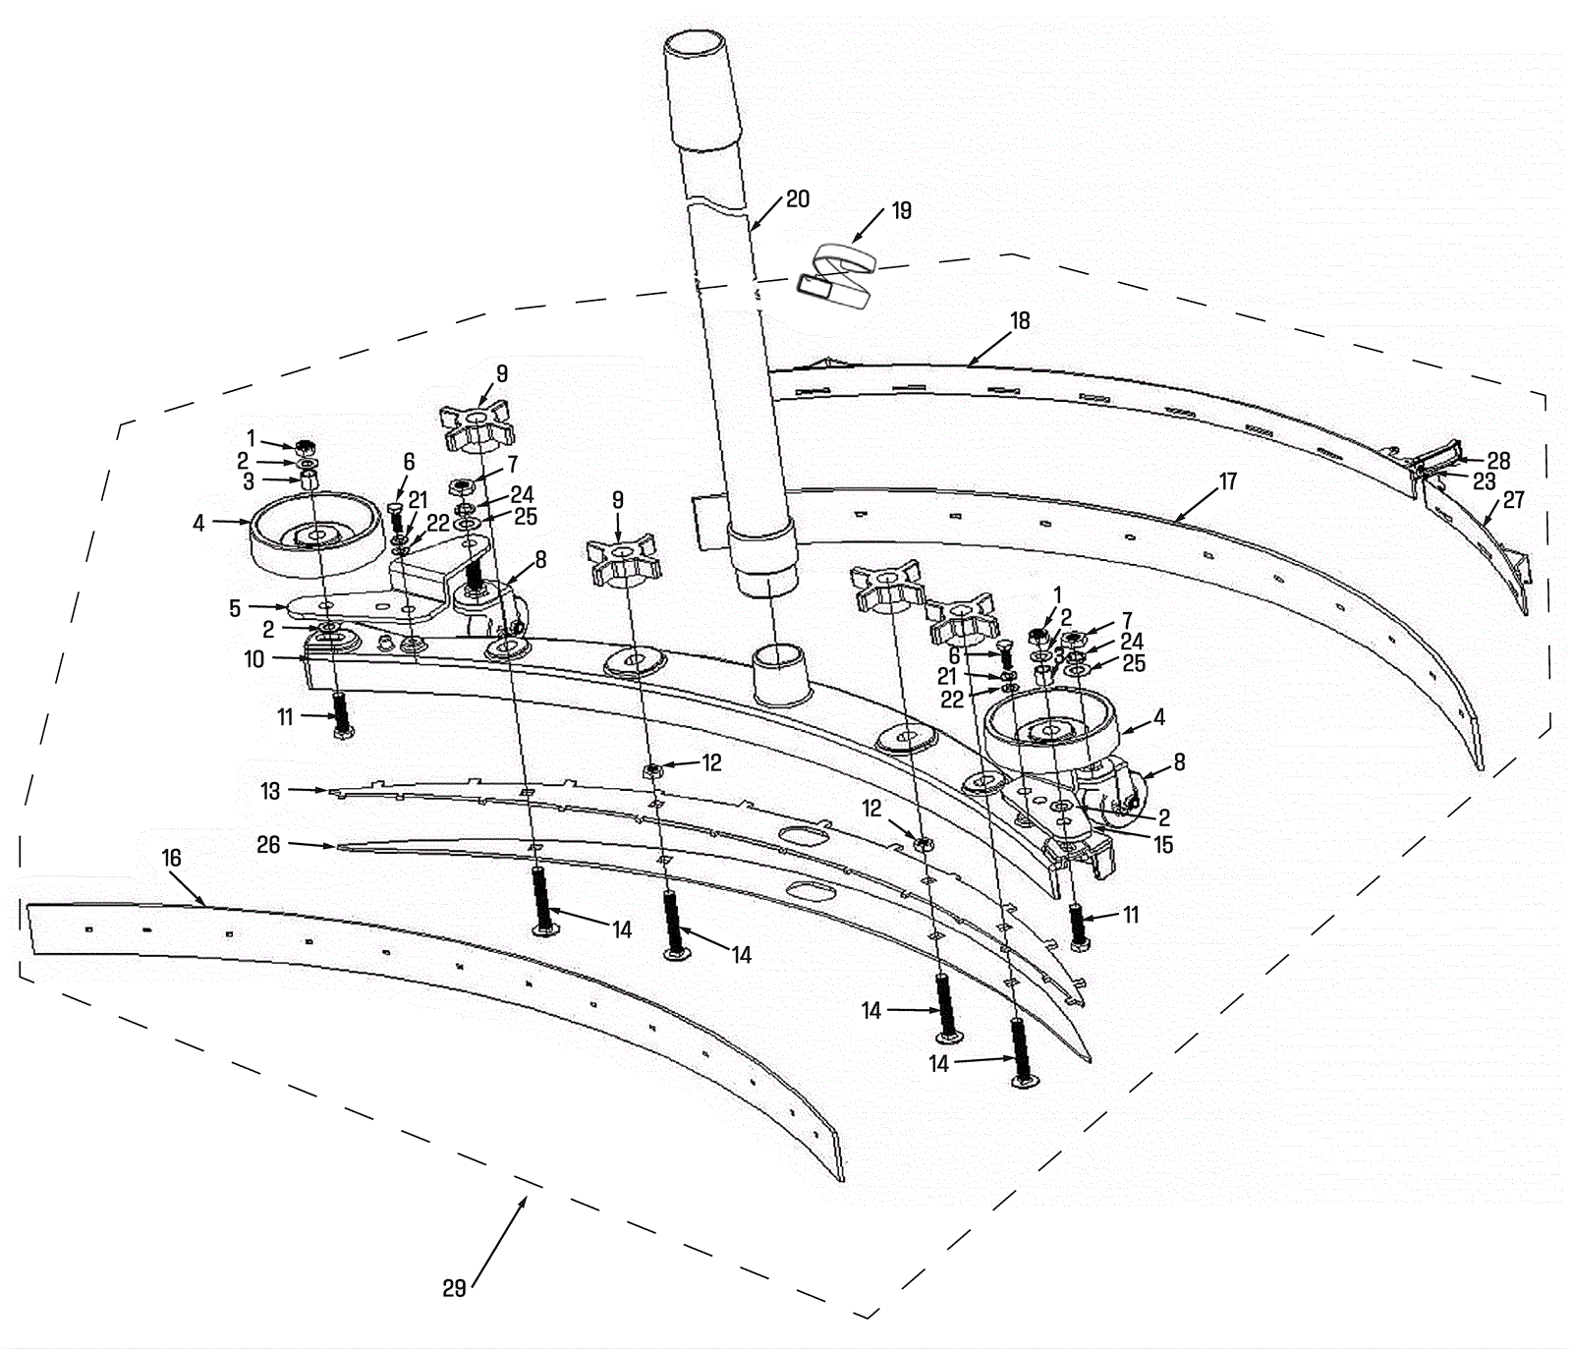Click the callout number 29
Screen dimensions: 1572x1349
[454, 1288]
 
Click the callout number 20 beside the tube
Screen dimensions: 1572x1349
[798, 199]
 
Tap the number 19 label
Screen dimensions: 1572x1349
[900, 210]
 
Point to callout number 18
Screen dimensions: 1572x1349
[1020, 320]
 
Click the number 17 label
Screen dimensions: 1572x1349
[1228, 481]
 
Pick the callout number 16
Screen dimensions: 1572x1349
[172, 858]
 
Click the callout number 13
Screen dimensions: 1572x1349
[270, 791]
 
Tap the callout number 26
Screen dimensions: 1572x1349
[268, 844]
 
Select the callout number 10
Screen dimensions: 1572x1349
[254, 659]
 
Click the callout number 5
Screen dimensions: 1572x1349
[235, 608]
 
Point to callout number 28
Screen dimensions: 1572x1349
[1498, 461]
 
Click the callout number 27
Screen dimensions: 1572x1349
[1513, 500]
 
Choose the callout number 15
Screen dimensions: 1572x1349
[1163, 844]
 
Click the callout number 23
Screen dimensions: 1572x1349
[1484, 481]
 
